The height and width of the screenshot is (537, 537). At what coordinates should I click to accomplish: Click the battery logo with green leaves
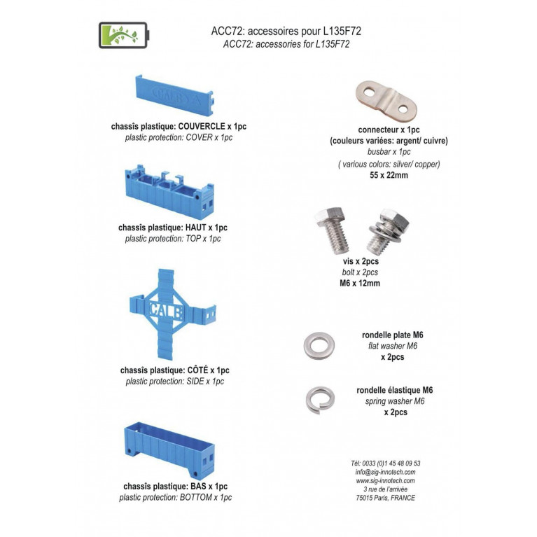[124, 35]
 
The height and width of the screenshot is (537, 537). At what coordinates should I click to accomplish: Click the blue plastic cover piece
[174, 95]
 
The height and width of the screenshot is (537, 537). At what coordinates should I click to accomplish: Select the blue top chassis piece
[170, 191]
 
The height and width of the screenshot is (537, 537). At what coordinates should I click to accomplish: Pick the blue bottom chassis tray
[169, 450]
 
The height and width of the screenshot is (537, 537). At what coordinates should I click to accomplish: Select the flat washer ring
[319, 346]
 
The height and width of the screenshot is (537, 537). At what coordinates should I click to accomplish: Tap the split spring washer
[320, 400]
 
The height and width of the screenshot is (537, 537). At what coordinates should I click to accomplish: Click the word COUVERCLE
[202, 126]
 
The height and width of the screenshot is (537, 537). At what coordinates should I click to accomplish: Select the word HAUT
[195, 228]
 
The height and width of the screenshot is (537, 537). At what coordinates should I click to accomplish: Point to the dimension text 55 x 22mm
[389, 175]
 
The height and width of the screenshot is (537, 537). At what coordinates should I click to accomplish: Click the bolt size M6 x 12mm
[360, 284]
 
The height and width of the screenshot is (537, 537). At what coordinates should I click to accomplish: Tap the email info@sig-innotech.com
[385, 472]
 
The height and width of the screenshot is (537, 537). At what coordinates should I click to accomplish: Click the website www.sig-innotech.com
[385, 480]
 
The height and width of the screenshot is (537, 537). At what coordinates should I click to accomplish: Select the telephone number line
[385, 463]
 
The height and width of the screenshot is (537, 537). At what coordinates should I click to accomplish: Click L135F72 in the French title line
[342, 32]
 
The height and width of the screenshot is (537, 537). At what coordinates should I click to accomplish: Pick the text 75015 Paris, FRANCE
[385, 498]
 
